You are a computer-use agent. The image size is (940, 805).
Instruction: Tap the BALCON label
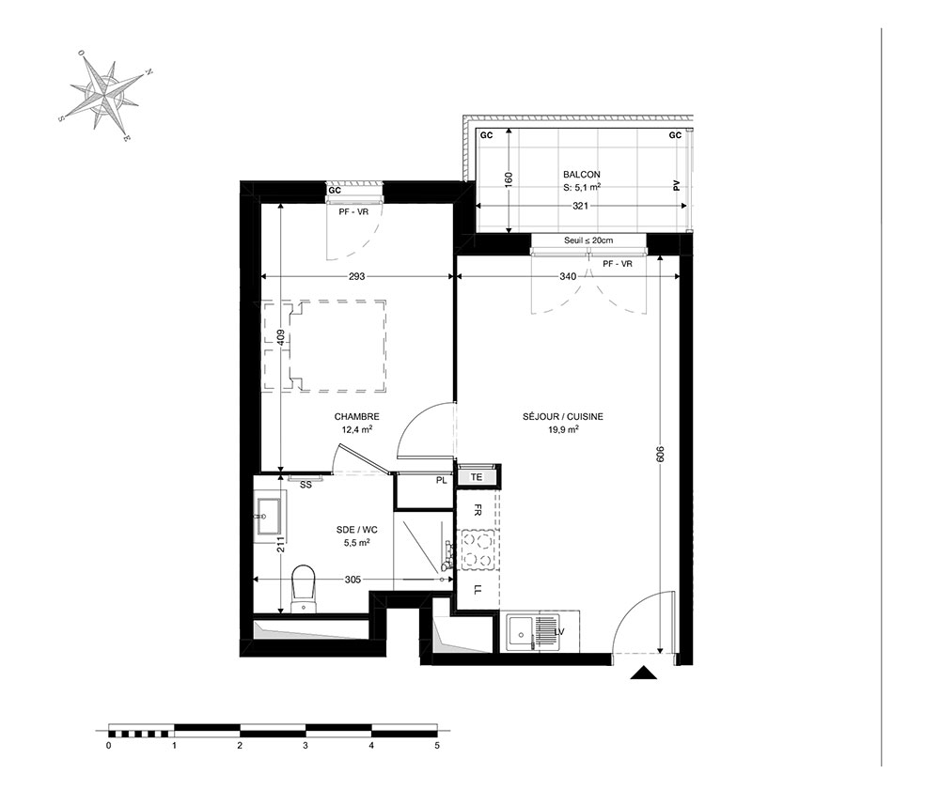(582, 175)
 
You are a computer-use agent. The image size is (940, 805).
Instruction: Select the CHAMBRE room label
(356, 417)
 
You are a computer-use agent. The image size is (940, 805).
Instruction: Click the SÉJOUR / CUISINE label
(563, 417)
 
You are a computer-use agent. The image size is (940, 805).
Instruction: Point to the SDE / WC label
(356, 530)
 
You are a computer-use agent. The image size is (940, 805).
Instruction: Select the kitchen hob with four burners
(478, 550)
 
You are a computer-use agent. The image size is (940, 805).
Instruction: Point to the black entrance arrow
(645, 673)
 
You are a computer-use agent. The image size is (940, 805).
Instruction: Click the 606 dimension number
(661, 454)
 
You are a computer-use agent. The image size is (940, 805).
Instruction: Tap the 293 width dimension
(356, 277)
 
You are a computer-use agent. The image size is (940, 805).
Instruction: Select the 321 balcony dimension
(580, 206)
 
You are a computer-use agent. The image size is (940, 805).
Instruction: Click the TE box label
(477, 477)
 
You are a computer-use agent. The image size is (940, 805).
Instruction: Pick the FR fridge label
(478, 510)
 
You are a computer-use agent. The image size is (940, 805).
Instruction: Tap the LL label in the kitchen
(478, 590)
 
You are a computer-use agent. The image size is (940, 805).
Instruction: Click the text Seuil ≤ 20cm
(588, 240)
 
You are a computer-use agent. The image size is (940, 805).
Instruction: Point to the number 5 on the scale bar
(437, 746)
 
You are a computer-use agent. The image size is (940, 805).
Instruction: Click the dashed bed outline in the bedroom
(323, 347)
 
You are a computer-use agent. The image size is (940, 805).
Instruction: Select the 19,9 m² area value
(563, 429)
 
